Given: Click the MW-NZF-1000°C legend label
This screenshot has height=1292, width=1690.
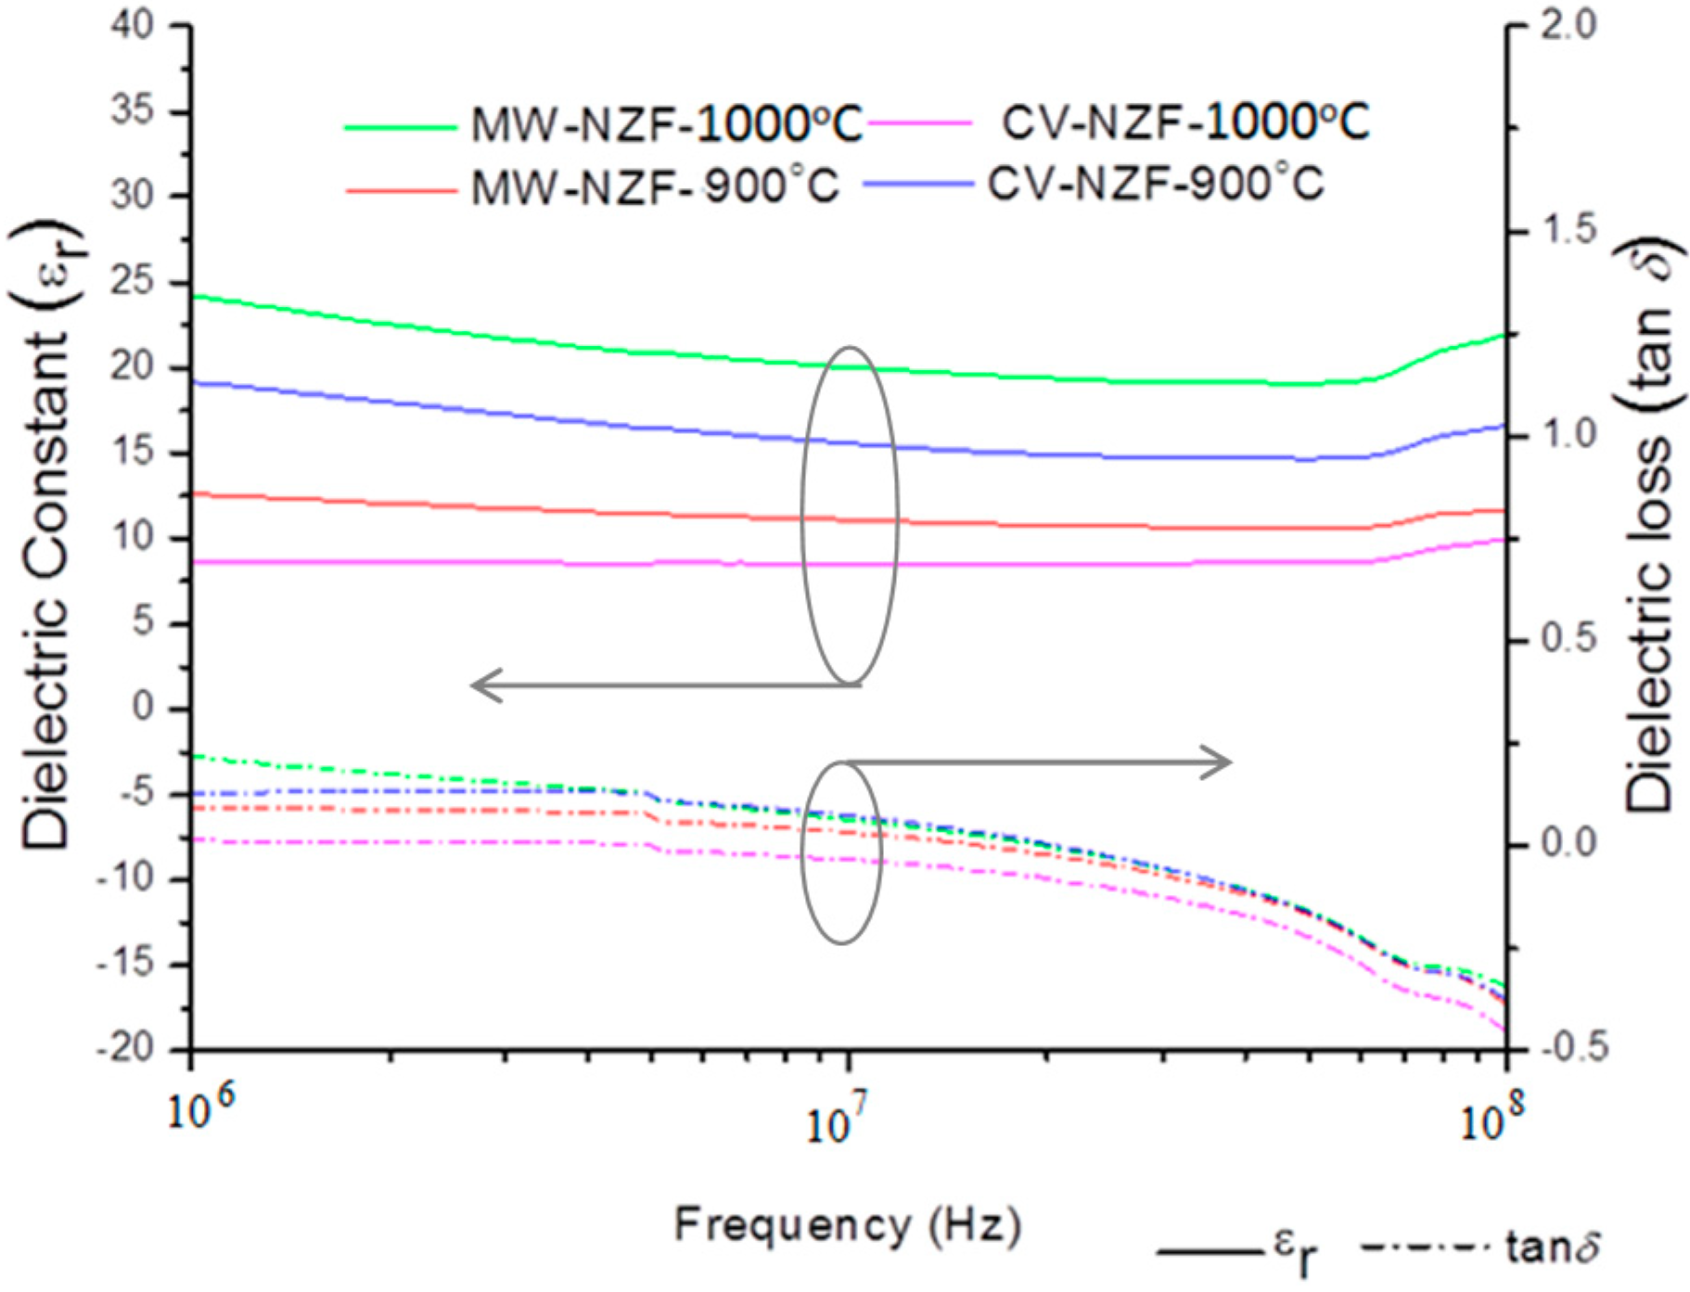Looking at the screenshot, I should (x=666, y=125).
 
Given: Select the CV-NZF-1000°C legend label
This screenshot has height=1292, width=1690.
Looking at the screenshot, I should (x=1184, y=122).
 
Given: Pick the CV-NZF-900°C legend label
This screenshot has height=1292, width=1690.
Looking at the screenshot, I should (x=1155, y=184).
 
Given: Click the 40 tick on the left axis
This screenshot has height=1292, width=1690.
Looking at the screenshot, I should (x=133, y=25).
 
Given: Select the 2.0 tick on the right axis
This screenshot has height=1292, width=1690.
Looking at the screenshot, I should (x=1568, y=25).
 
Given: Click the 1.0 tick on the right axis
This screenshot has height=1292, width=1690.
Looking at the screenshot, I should (x=1568, y=434).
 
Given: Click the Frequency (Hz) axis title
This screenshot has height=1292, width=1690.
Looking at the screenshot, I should (x=847, y=1225).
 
